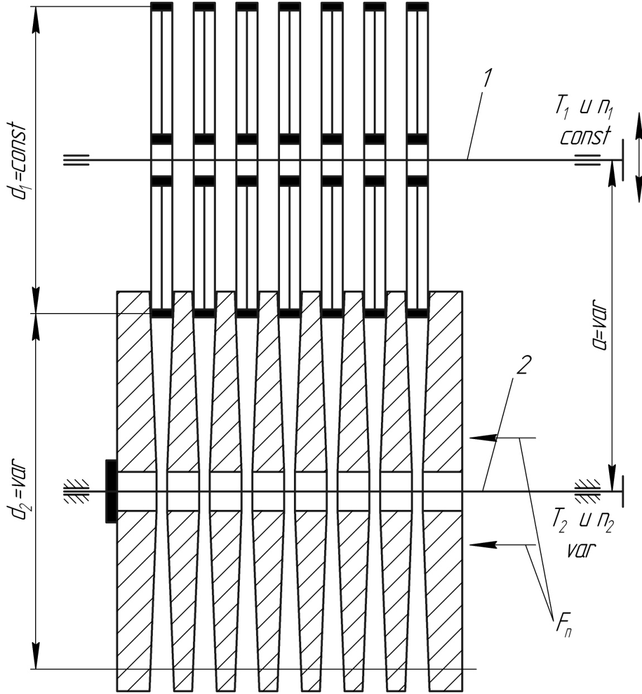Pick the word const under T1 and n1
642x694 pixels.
585,136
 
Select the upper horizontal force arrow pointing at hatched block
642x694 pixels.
484,438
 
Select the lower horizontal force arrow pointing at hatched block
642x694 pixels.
484,543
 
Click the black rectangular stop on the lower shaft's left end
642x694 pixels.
111,491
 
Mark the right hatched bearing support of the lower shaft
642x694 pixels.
588,491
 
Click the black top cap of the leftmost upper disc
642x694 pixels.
162,7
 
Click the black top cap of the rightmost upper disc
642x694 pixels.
417,7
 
